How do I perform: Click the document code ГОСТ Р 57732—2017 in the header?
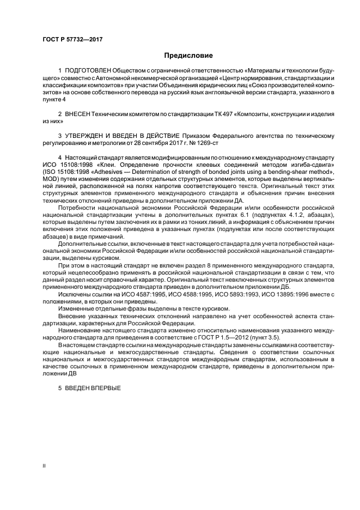coord(72,40)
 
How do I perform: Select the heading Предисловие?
coord(188,56)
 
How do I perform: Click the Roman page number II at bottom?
coord(45,466)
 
